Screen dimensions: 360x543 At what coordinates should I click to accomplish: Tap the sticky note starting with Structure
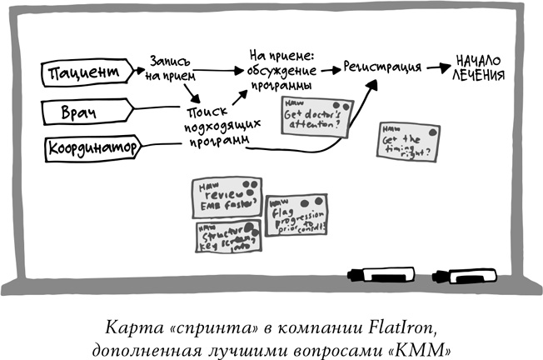click(227, 240)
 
